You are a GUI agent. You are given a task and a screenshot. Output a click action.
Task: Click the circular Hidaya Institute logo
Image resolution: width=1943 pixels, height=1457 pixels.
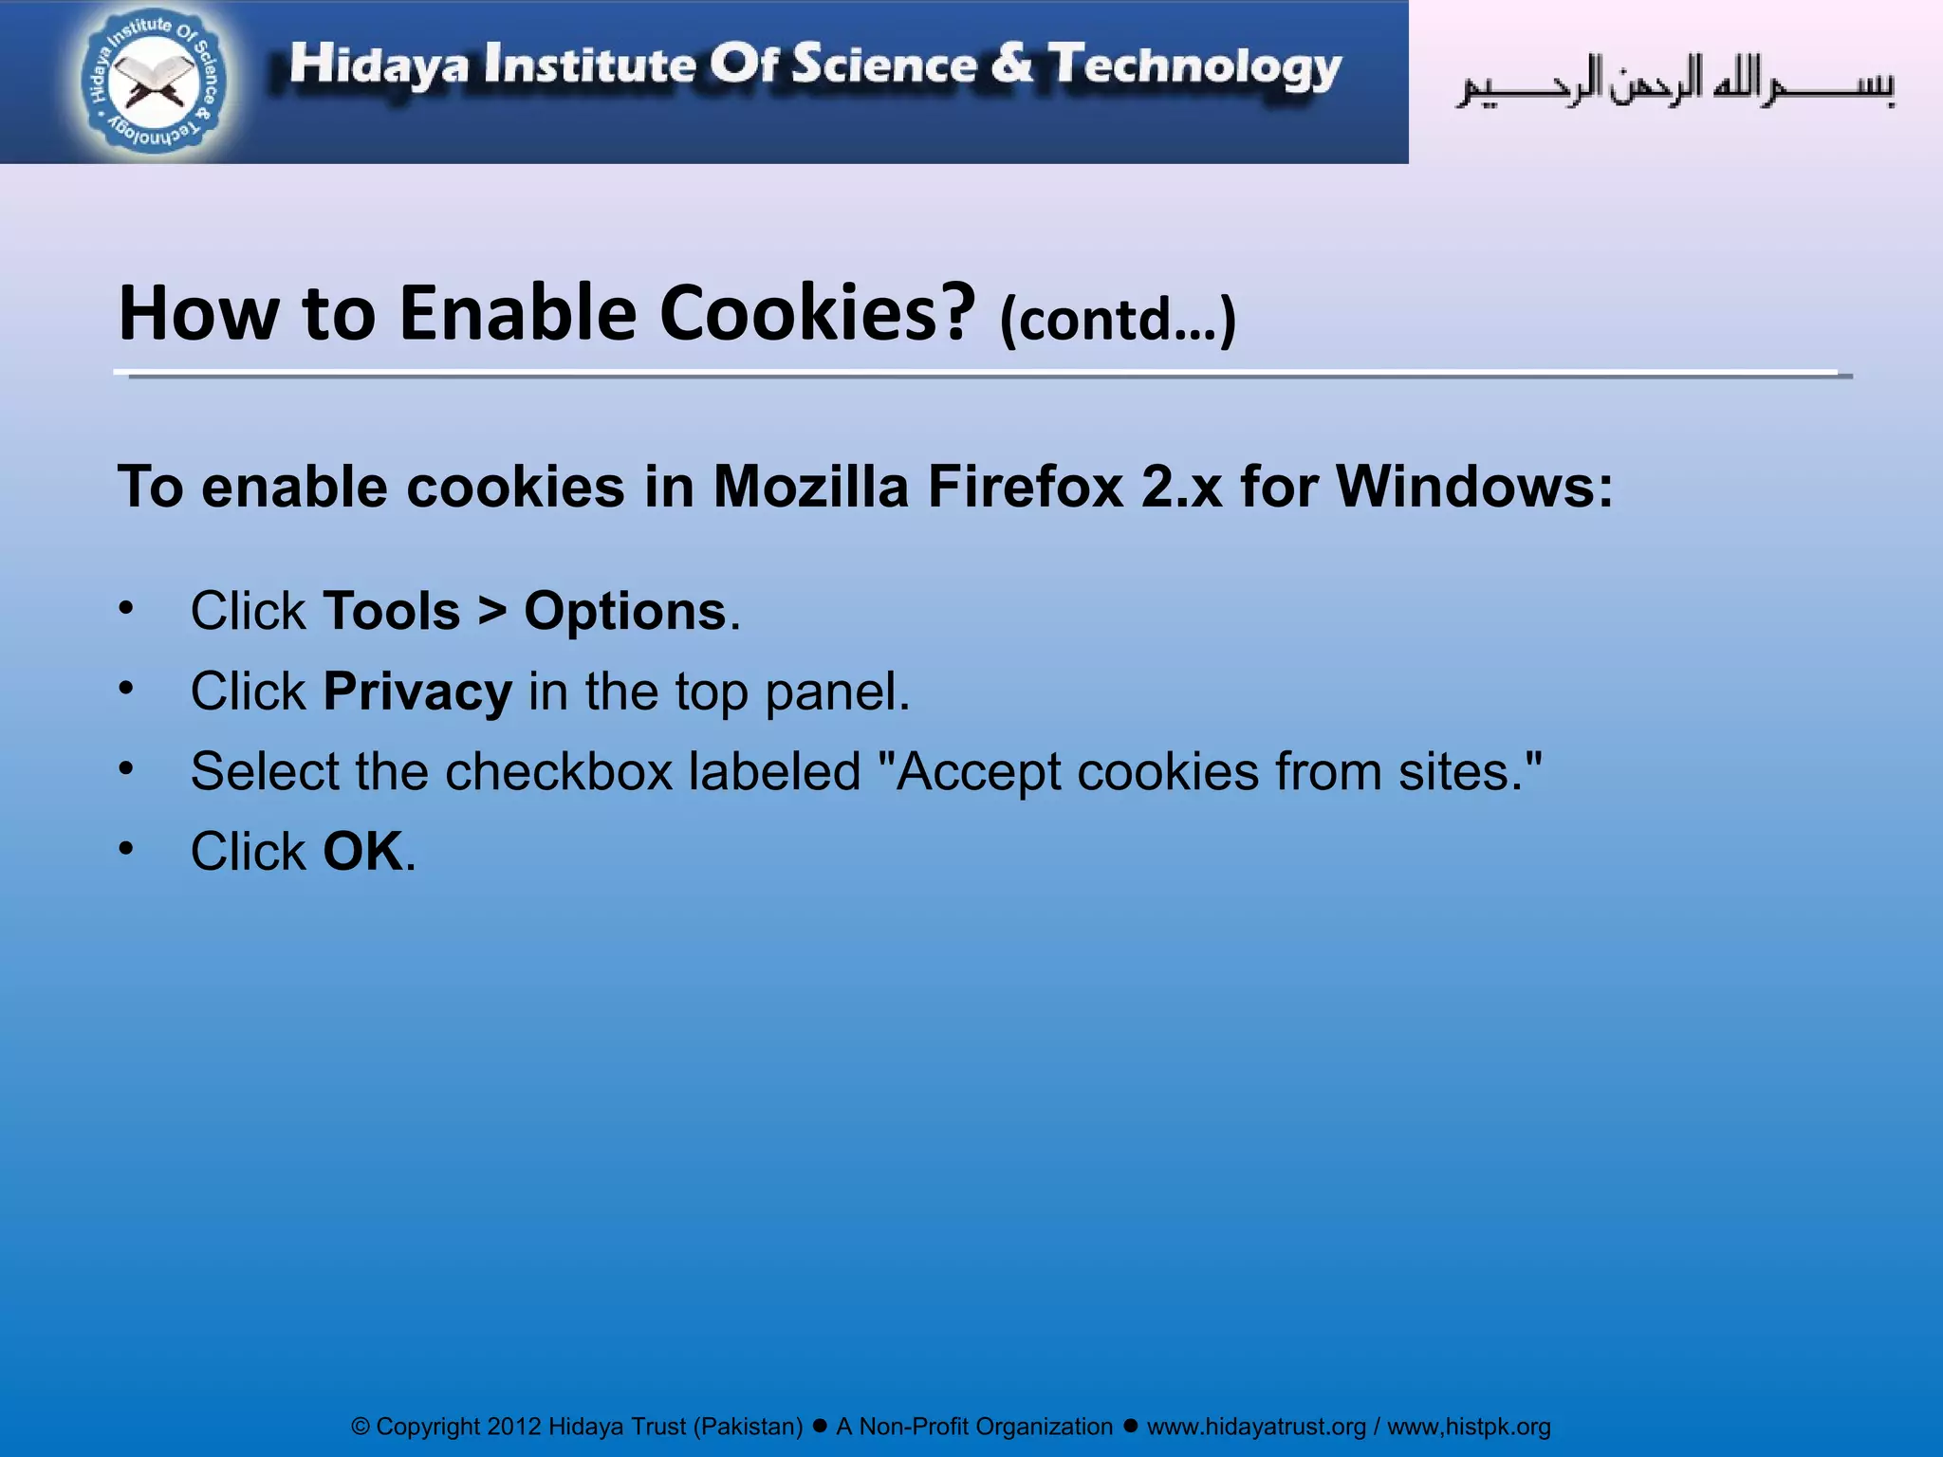click(153, 82)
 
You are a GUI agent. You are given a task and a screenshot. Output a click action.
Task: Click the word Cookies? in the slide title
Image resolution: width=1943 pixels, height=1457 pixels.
click(817, 313)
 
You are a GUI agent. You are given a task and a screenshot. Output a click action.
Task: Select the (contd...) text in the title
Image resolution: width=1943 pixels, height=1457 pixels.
click(1118, 320)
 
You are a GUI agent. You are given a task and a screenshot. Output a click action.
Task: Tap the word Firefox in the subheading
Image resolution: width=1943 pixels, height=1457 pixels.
click(1026, 487)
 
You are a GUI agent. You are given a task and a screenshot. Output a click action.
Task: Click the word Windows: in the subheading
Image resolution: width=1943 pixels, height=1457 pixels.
click(1474, 487)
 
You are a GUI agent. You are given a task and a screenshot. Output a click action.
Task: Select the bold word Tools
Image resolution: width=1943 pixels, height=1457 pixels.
click(391, 611)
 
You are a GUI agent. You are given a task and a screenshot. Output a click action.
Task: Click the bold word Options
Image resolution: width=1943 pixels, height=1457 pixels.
click(625, 613)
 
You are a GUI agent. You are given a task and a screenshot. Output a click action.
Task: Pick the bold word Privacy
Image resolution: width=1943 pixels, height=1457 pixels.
click(417, 692)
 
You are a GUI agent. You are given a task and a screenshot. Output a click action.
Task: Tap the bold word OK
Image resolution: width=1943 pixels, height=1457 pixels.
click(363, 851)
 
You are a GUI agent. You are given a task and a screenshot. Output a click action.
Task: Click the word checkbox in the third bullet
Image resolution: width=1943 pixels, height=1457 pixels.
click(559, 771)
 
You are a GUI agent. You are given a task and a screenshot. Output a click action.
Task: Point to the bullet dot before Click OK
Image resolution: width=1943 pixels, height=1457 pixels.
click(126, 849)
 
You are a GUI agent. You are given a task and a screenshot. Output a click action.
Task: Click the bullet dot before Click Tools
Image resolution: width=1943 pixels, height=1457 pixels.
click(126, 609)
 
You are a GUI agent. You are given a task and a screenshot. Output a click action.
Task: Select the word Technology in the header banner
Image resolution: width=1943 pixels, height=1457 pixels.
click(1194, 66)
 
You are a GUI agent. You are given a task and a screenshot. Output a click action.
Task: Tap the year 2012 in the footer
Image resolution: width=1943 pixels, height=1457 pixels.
click(513, 1427)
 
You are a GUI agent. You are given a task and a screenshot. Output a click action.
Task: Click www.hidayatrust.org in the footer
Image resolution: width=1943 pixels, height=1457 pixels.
click(1256, 1427)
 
